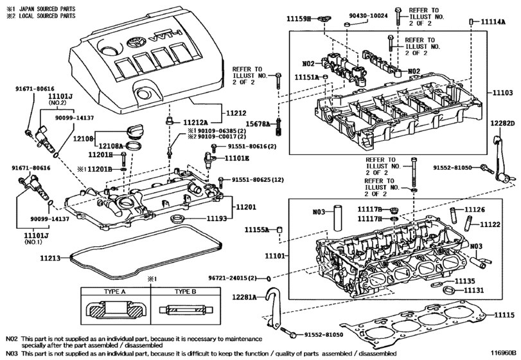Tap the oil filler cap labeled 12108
pyautogui.click(x=137, y=131)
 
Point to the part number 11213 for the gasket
pyautogui.click(x=49, y=258)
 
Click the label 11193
pyautogui.click(x=218, y=219)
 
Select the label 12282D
pyautogui.click(x=503, y=123)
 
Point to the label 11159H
pyautogui.click(x=299, y=20)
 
